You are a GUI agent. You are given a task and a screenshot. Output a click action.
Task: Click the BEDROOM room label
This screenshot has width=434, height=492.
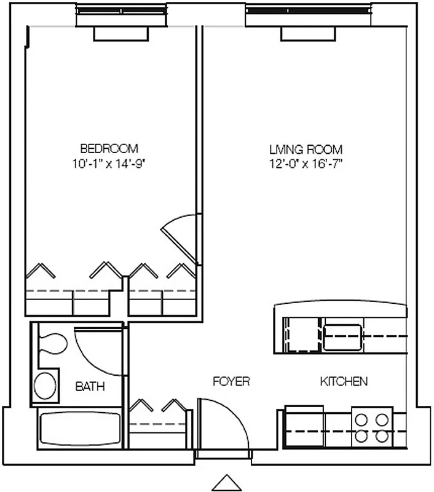[x=109, y=148]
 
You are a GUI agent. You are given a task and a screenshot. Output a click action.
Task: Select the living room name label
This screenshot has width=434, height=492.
[x=306, y=149]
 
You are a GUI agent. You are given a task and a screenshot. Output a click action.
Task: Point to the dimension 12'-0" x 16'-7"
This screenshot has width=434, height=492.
[x=306, y=164]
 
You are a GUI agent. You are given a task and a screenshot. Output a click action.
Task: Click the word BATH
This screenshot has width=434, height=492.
[x=90, y=387]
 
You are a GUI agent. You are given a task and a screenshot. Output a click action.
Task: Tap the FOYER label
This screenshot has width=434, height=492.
[x=231, y=381]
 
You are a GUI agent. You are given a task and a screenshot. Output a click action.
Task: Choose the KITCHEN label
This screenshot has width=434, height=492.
[x=344, y=381]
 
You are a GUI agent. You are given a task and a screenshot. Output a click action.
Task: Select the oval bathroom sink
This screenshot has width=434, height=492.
[x=44, y=386]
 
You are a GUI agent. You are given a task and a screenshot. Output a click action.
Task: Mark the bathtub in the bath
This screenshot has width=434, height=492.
[x=79, y=430]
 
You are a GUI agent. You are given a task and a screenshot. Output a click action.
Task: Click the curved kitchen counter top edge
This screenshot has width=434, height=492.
[x=340, y=307]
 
